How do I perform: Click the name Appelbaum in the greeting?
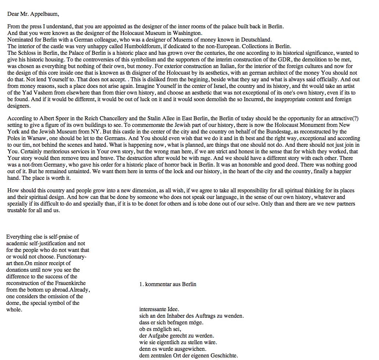44,14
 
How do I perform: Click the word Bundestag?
278,132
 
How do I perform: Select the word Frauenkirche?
69,283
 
